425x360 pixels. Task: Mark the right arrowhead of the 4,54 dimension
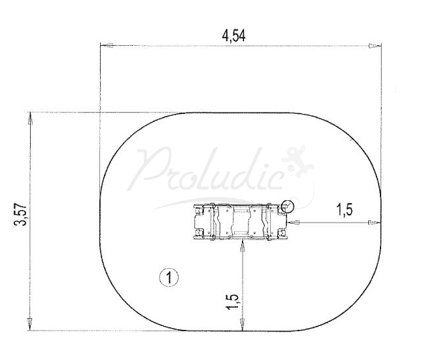(373, 46)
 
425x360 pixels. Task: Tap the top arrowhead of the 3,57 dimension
(30, 118)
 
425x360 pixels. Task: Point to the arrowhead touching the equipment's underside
(243, 245)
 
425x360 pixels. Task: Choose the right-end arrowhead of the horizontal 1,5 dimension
(373, 223)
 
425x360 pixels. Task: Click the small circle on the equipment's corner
(288, 207)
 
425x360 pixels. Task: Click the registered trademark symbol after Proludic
(290, 172)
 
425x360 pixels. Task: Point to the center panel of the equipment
(242, 223)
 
